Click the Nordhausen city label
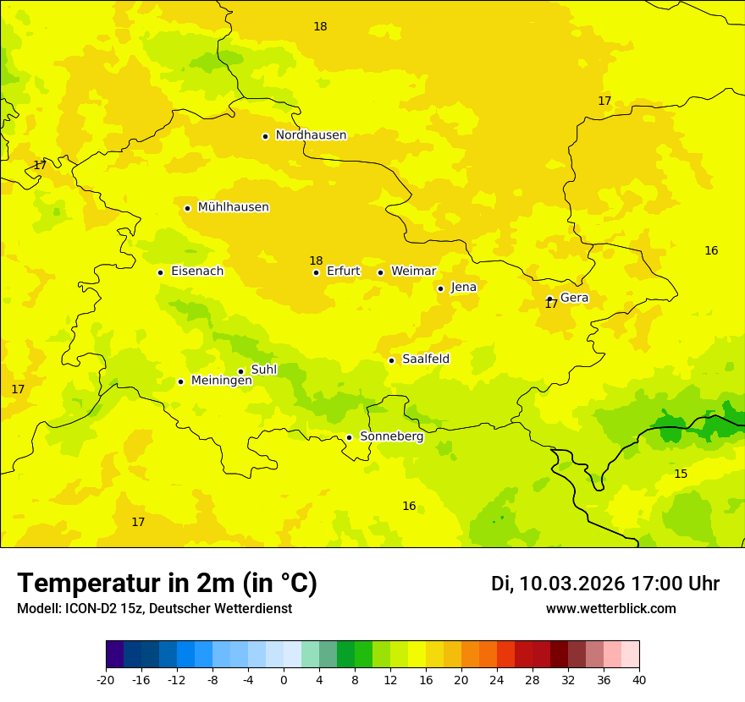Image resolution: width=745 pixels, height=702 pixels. pos(311,135)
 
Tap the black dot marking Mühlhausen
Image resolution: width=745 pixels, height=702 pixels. pos(187,208)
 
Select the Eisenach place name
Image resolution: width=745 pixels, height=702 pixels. pos(197,271)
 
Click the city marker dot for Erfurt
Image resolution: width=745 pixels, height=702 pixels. pos(316,272)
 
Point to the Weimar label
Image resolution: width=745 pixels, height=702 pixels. pos(413,271)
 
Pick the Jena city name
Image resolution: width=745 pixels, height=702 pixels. pos(464,288)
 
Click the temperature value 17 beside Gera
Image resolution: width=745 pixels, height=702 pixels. pos(551,304)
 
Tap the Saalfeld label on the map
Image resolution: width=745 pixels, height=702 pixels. pos(426,359)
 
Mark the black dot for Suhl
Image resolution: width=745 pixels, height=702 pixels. pos(240,371)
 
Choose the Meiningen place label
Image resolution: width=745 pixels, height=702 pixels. pos(222,381)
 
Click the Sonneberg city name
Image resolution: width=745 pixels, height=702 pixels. pos(391,436)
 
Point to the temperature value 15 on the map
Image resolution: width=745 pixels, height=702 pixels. pos(681,474)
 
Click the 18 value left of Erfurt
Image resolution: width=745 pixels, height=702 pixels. pos(316,261)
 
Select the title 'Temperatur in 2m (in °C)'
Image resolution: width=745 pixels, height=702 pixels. pos(167,584)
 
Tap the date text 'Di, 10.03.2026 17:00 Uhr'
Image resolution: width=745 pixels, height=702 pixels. pos(605,584)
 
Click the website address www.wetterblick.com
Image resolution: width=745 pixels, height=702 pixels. pos(610,609)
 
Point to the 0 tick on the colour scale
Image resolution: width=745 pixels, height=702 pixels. pos(284,680)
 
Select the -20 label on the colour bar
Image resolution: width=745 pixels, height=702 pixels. pos(106,680)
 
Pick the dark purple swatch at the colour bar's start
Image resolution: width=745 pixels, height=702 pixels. pos(114,655)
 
